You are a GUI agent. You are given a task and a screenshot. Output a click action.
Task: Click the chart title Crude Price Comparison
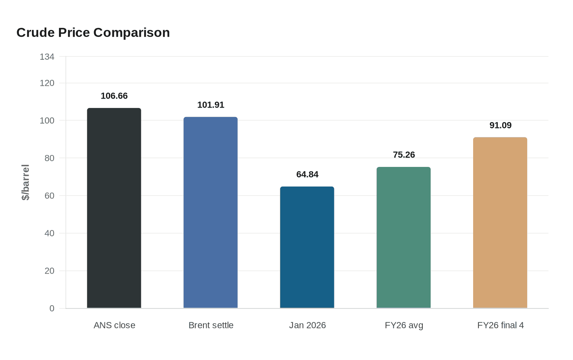click(93, 32)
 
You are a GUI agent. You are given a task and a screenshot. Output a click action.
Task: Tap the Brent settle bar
click(210, 212)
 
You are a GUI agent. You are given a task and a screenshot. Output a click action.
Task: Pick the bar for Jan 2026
click(307, 247)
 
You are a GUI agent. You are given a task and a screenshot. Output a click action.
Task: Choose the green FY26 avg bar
click(404, 237)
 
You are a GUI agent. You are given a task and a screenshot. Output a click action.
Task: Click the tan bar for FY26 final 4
click(500, 223)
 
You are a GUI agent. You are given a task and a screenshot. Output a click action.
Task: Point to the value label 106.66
click(114, 96)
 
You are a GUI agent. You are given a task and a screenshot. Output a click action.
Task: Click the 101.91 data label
click(210, 105)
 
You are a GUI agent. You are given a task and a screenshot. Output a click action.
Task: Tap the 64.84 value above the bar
click(307, 174)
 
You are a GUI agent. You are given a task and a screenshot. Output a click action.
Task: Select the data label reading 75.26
click(404, 155)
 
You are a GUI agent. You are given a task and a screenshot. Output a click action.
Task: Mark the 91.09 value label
click(500, 125)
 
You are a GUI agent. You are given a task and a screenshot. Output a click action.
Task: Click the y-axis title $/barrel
click(25, 182)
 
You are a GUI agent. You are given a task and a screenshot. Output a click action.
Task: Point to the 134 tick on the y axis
click(47, 57)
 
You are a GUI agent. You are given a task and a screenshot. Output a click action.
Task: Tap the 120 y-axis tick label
click(47, 83)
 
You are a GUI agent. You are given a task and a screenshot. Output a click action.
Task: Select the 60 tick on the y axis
click(49, 196)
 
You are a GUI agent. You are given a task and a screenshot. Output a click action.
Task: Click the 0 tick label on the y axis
click(52, 308)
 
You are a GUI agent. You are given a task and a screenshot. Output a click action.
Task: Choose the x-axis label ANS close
click(114, 325)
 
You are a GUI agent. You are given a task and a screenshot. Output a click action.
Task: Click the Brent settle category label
click(211, 325)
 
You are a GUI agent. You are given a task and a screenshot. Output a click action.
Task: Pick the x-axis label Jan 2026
click(307, 325)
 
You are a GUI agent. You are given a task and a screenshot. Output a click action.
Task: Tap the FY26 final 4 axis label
click(500, 325)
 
